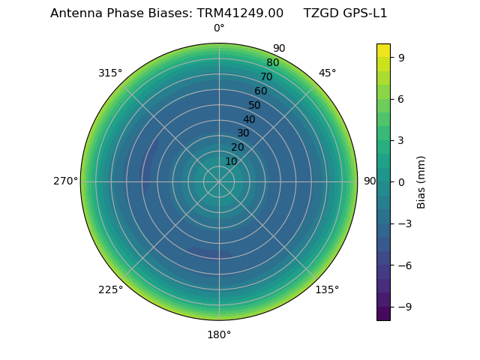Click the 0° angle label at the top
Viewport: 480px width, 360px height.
219,28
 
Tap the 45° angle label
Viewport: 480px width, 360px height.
327,73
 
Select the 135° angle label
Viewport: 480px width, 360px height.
327,289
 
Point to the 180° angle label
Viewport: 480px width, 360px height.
219,334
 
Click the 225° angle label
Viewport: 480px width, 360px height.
110,289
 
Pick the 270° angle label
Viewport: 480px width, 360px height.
65,181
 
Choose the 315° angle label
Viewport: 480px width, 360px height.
110,73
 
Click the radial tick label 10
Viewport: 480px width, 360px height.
231,161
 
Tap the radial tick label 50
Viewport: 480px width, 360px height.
255,105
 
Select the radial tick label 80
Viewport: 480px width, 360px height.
273,63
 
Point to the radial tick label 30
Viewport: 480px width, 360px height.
243,133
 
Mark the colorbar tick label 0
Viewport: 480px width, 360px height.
401,181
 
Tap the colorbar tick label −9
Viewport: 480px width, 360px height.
403,307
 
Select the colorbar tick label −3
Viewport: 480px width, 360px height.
403,223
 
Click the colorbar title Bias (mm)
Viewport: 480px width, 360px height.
421,181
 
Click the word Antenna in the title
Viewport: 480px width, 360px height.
73,13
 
